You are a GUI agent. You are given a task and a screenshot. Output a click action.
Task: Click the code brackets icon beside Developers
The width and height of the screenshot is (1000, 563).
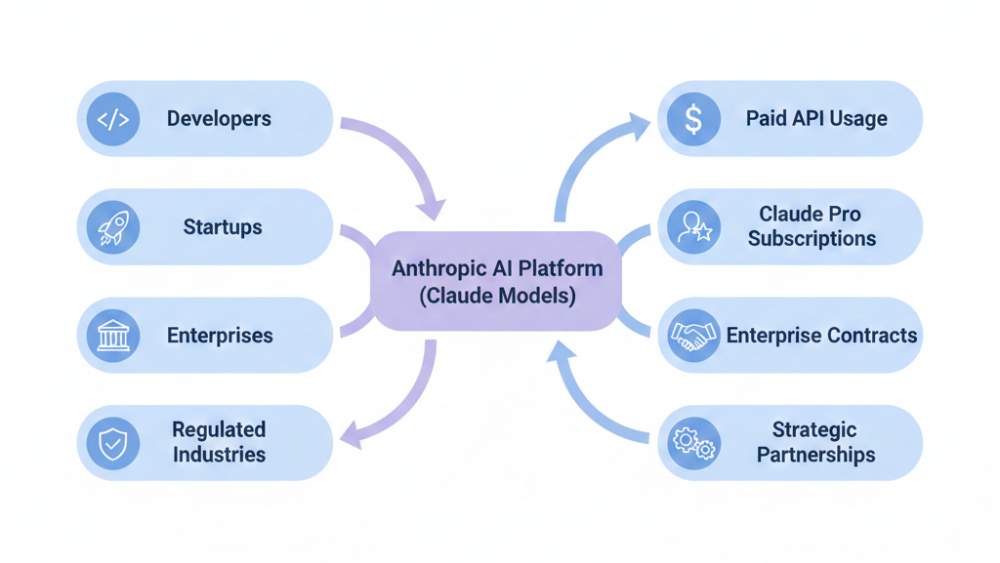coord(113,119)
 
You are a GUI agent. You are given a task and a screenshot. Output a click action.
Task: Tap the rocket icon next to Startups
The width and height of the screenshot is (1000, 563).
coord(113,227)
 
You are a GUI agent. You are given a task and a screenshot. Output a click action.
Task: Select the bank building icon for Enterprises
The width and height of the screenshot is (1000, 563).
coord(113,336)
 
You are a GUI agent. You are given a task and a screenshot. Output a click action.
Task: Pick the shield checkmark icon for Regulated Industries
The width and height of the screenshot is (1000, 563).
coord(113,443)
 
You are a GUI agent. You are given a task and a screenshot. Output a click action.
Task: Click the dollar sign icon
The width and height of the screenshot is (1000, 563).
coord(693,119)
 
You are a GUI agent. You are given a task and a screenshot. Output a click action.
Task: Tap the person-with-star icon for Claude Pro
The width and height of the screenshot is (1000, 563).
coord(693,227)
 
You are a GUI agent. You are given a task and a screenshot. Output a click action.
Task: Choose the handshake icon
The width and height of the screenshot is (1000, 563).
coord(693,336)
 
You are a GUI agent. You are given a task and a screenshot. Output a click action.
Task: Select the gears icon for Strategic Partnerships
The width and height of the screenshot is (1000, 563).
coord(693,443)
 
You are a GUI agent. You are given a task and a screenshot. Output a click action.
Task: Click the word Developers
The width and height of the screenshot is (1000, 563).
coord(219,119)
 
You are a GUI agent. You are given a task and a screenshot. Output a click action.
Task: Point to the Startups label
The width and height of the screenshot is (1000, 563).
coord(223,227)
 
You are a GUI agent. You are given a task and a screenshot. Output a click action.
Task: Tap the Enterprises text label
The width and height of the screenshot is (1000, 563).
coord(220,336)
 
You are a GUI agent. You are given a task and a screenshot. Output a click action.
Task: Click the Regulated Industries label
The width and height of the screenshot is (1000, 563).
coord(219,442)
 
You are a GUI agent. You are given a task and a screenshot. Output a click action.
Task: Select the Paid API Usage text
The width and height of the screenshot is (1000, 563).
coord(816,119)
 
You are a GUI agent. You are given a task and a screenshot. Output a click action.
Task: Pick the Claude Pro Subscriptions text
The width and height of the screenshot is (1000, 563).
coord(811,226)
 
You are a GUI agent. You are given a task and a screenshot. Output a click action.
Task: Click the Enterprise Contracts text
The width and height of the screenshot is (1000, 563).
coord(821,336)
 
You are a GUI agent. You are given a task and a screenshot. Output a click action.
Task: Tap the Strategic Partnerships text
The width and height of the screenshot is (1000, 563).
coord(815,442)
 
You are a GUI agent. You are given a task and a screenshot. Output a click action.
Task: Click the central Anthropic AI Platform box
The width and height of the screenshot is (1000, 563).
coord(497,281)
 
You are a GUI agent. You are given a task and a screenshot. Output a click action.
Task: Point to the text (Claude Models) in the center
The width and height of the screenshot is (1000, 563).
coord(497,296)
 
